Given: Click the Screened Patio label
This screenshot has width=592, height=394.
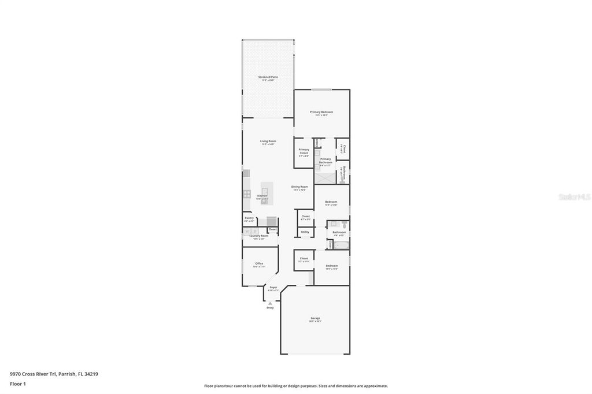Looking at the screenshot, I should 268,77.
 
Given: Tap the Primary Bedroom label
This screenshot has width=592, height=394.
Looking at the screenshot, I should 321,112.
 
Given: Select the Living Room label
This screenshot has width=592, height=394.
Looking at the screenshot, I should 268,141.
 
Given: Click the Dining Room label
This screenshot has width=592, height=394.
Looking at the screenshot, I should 299,187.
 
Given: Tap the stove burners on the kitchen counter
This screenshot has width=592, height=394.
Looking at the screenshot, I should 246,194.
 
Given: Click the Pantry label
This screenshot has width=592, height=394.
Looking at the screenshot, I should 249,218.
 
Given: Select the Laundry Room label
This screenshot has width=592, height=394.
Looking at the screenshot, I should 258,236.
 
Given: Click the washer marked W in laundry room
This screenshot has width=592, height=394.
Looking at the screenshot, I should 246,231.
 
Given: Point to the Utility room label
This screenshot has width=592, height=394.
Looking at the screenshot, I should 305,232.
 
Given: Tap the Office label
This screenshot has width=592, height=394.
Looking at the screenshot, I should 259,263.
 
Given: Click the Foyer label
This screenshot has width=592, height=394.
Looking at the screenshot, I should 273,287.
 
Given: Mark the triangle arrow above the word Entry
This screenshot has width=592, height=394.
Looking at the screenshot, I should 270,303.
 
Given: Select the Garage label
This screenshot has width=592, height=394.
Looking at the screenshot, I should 315,318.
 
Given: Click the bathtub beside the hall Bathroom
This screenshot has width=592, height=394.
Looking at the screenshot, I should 341,245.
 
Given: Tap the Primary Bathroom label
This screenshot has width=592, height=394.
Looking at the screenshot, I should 325,161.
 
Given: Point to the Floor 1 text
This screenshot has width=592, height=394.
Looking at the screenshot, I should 18,384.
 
